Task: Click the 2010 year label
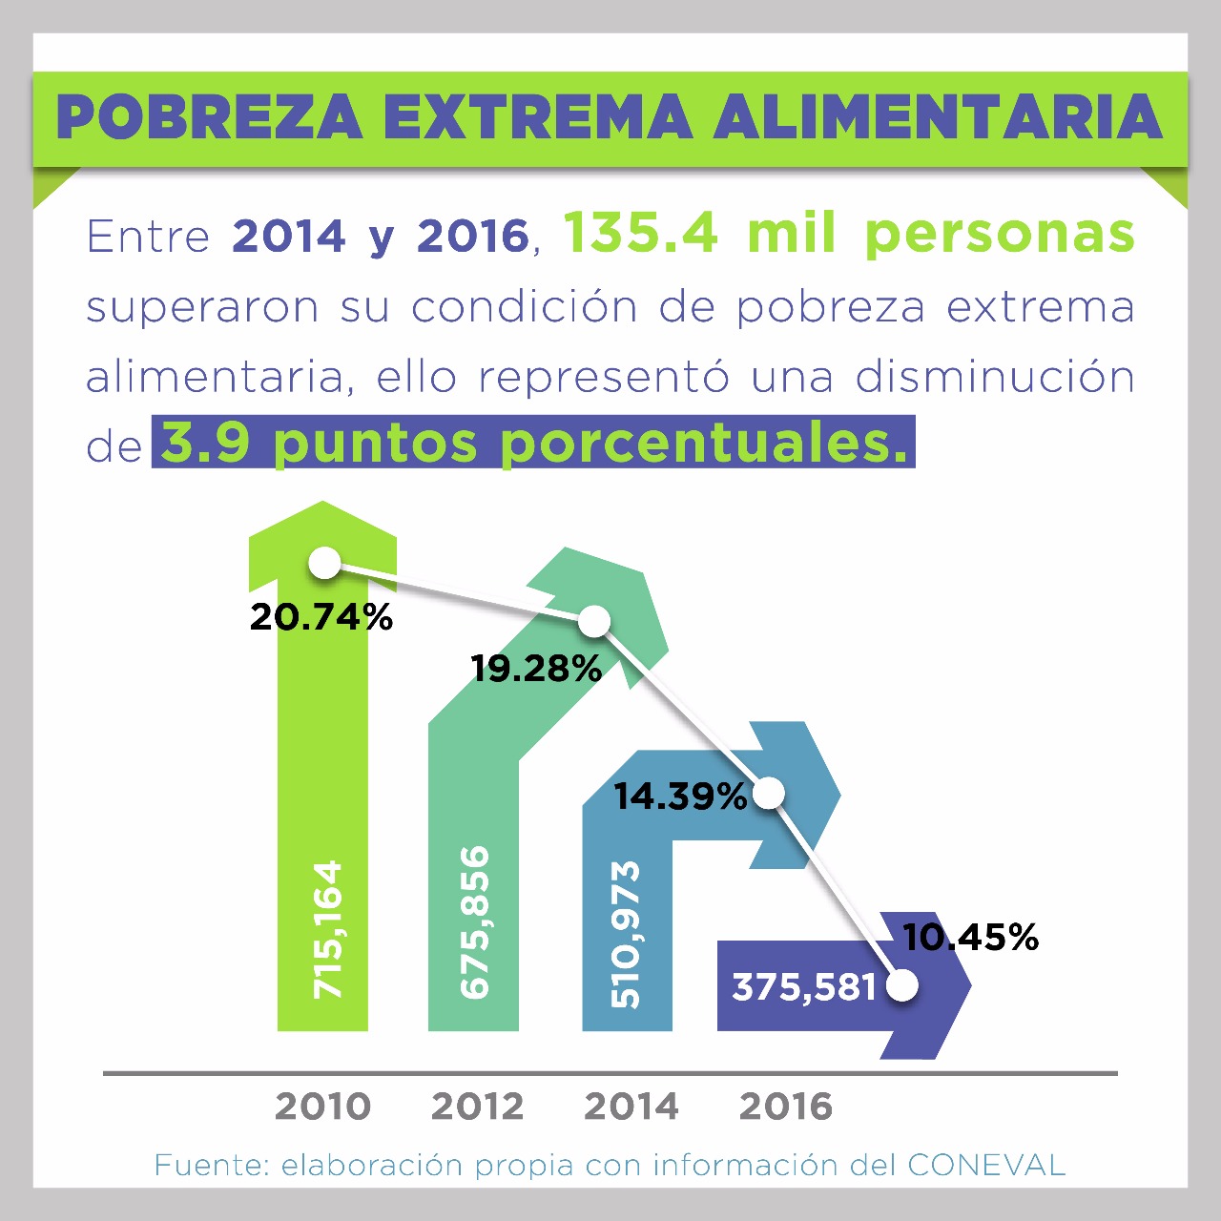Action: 322,1107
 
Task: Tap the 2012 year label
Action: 477,1107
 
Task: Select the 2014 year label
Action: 631,1107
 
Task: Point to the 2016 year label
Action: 786,1107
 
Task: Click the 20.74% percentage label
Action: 321,617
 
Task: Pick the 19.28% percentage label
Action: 536,669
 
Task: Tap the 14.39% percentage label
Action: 680,797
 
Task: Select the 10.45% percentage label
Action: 970,937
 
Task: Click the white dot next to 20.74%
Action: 325,563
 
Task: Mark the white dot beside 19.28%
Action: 594,622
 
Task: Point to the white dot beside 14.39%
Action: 769,793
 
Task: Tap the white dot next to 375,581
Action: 902,985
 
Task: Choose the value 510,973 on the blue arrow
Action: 625,934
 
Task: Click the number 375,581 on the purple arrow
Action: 804,987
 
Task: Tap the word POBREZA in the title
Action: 210,117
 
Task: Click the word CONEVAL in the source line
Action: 985,1165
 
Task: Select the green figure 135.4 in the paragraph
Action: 640,233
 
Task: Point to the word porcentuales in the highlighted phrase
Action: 704,443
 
